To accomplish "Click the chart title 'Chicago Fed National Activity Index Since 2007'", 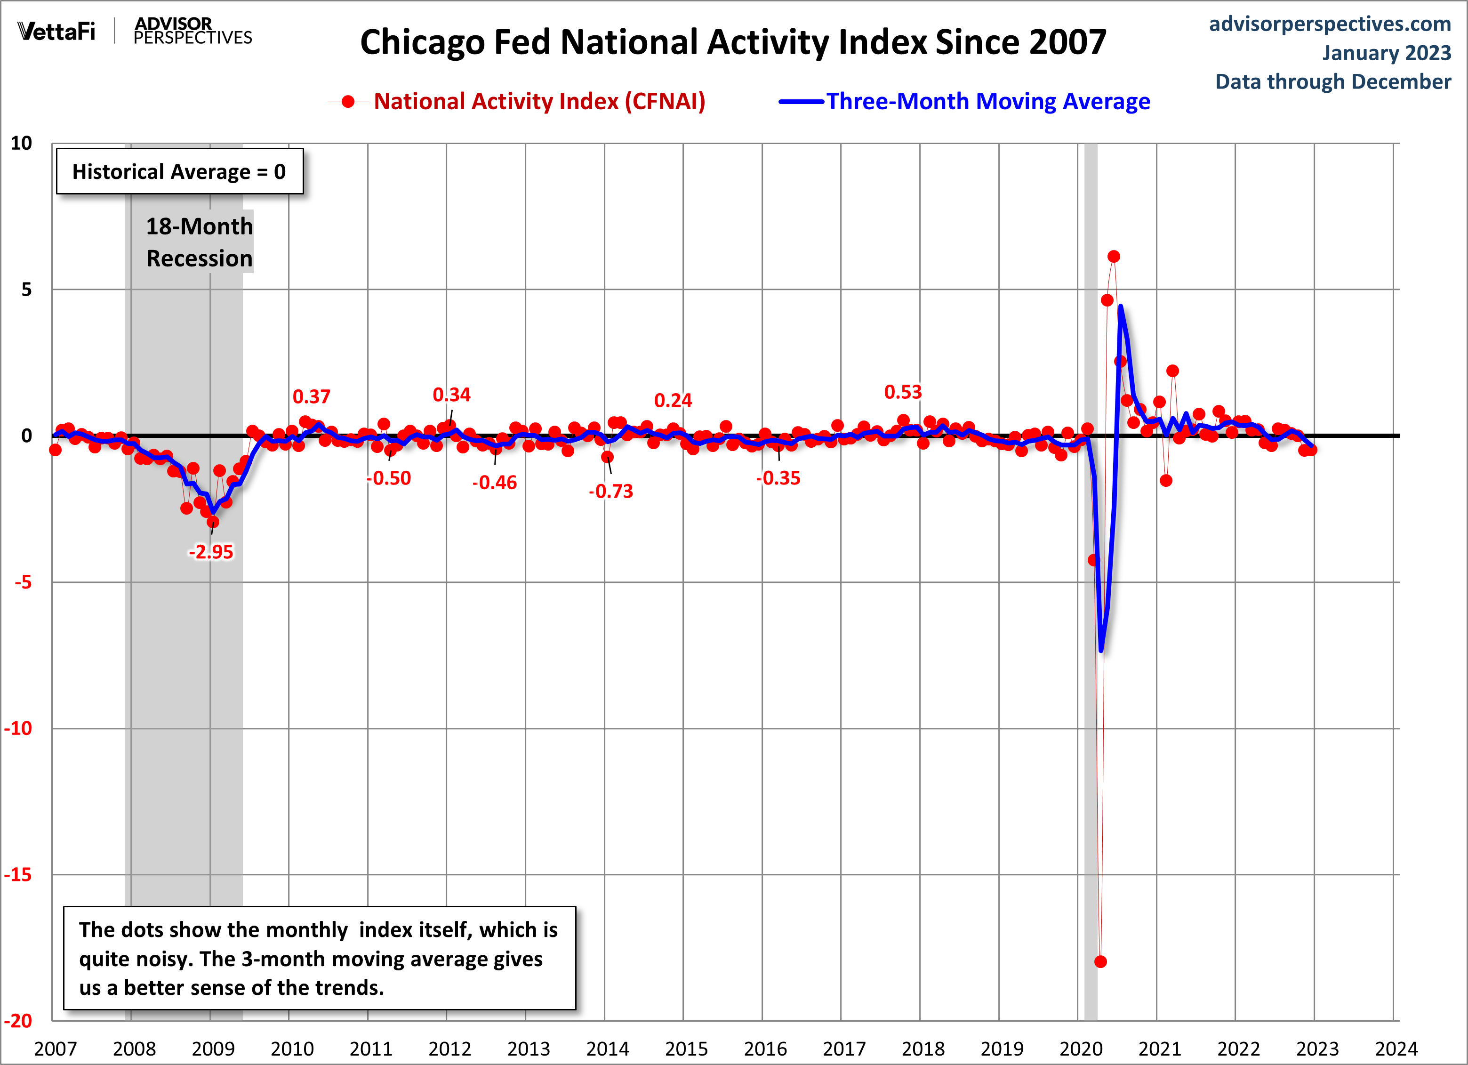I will coord(733,43).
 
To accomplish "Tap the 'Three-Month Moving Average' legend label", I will coord(988,102).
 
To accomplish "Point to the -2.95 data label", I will coord(211,552).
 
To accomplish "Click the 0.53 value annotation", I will coord(902,392).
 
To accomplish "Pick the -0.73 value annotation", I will coord(611,492).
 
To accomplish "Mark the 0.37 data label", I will coord(311,396).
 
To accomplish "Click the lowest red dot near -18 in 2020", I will coord(1100,961).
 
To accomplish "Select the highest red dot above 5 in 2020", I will coord(1113,257).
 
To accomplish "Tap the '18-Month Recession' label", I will coord(200,242).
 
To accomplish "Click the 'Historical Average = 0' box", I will coord(179,171).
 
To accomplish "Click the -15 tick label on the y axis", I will coord(18,875).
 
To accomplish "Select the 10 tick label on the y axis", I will coord(21,143).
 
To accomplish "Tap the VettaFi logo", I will coord(56,31).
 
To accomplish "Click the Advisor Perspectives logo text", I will coord(192,31).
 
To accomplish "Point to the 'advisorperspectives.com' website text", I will coord(1330,24).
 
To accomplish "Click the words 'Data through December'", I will coord(1333,81).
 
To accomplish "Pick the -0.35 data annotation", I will coord(778,478).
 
